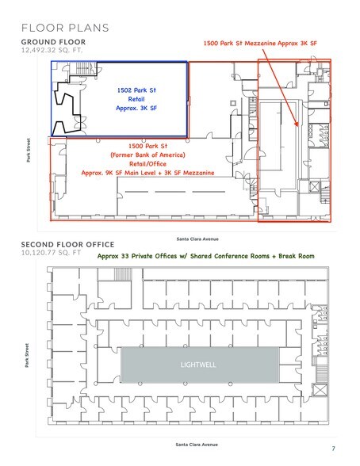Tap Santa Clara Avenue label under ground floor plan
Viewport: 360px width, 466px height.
197,238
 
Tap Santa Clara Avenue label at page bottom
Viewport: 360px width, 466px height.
196,446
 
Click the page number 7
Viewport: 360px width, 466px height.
334,449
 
